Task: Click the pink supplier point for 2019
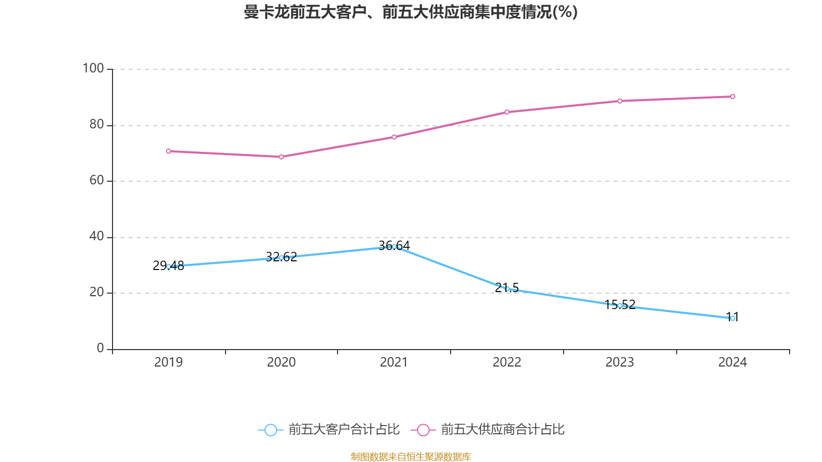pos(169,151)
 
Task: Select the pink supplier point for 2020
pos(281,157)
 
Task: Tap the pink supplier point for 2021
pos(394,137)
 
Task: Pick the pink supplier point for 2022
pos(507,112)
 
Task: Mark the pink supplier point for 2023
pos(620,101)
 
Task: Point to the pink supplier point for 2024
pos(733,97)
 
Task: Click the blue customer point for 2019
pos(169,266)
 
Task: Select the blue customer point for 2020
pos(281,258)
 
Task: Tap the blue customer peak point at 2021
pos(394,246)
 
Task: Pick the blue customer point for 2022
pos(507,289)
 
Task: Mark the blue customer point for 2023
pos(620,305)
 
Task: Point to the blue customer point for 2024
pos(733,318)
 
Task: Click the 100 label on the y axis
pos(94,68)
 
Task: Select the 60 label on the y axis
pos(97,180)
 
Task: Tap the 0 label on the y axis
pos(100,348)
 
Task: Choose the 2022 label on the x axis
pos(507,362)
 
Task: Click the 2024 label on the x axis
pos(733,362)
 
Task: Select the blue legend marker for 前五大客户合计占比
pos(270,430)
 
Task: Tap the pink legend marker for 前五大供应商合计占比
pos(423,430)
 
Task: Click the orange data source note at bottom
pos(410,456)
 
